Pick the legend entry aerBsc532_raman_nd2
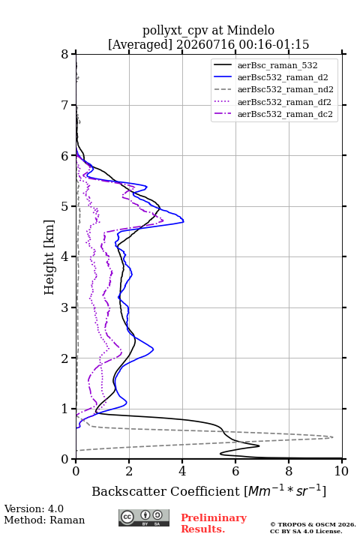[274, 89]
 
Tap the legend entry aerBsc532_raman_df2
[272, 102]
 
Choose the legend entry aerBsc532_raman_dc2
[273, 114]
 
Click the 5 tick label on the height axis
[65, 206]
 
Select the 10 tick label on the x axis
[341, 471]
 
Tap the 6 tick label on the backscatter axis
[235, 471]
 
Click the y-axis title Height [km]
[49, 257]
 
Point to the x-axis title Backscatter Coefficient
[165, 491]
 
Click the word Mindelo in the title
[250, 30]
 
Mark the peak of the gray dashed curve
[332, 437]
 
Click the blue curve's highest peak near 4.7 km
[183, 221]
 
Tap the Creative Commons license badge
[144, 517]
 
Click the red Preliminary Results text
[214, 523]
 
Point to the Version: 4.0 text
[34, 508]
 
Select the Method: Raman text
[44, 520]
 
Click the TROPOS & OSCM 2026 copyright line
[313, 524]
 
